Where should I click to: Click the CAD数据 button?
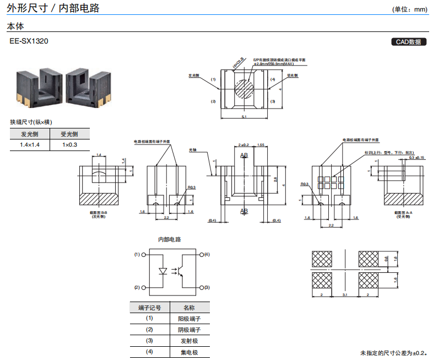coord(408,42)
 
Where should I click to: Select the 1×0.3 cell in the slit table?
coord(69,145)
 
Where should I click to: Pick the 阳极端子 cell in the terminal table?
coord(188,319)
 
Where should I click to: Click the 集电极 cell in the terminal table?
coord(188,352)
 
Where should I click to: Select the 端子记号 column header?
coord(149,308)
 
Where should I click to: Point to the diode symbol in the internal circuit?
coord(163,271)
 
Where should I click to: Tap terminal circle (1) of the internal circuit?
coord(144,255)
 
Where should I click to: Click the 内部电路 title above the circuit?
coord(170,239)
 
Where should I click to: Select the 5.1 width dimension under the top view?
coord(244,117)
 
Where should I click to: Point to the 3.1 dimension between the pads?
coord(345,296)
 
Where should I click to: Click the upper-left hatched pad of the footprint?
coord(323,259)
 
